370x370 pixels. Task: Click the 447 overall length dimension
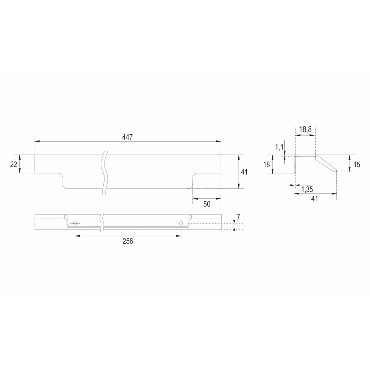point(127,137)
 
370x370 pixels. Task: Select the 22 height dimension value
point(14,164)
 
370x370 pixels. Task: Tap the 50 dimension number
point(207,204)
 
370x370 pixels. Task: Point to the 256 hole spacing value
point(128,241)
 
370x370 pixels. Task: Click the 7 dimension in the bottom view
point(238,217)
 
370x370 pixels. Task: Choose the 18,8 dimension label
point(305,129)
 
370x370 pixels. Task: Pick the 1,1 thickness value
point(279,147)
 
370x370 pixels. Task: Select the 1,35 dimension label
point(307,189)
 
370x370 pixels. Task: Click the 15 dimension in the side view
point(357,164)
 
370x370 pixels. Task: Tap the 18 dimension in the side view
point(267,164)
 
